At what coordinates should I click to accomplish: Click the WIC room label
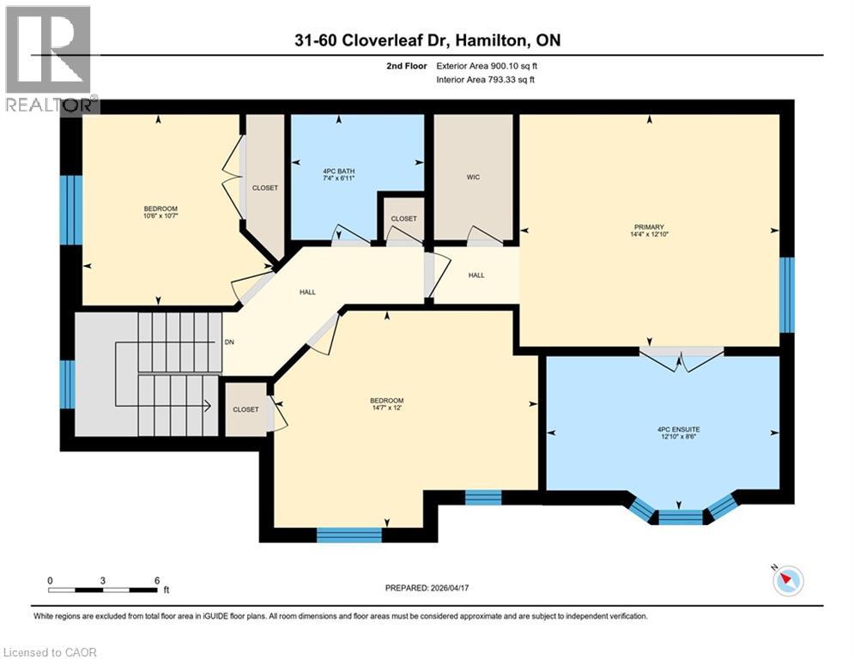click(473, 178)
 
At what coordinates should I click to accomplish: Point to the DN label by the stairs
click(229, 342)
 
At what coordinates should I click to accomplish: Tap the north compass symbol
click(786, 581)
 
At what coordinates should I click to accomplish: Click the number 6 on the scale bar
click(157, 580)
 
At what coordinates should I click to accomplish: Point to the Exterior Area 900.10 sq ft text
click(487, 66)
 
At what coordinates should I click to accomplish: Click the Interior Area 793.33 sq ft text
click(487, 80)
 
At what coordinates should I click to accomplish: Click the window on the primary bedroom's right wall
click(787, 294)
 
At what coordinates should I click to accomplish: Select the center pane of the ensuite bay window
click(680, 517)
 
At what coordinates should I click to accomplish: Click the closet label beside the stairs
click(245, 409)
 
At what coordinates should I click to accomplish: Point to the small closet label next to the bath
click(403, 219)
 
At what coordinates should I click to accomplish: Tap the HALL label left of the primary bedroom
click(476, 275)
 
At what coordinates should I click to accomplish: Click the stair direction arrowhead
click(208, 406)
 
